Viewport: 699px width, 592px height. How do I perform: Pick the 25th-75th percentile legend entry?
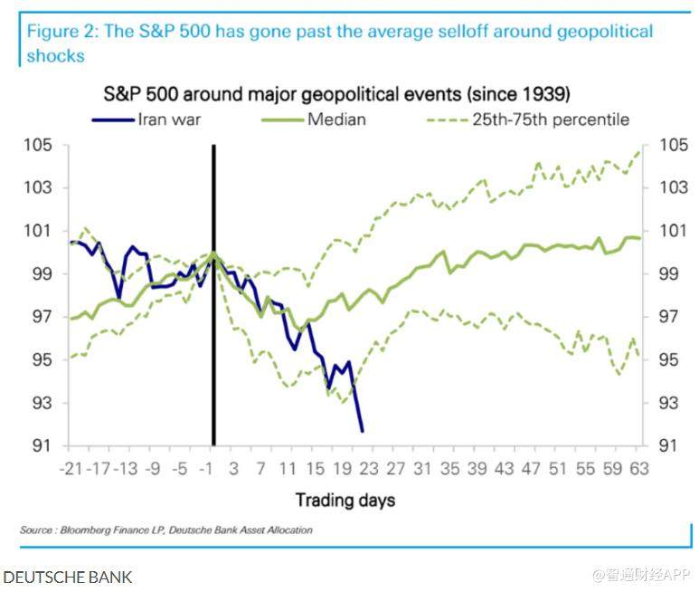pos(534,119)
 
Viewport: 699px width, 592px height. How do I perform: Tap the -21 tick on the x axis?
pos(71,469)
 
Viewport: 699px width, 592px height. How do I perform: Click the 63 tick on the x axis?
pos(638,469)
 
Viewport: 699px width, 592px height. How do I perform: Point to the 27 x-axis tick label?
pos(394,469)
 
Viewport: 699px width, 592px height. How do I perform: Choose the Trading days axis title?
pos(345,500)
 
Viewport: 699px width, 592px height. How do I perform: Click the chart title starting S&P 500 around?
pos(335,94)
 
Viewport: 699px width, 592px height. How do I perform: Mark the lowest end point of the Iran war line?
pos(362,431)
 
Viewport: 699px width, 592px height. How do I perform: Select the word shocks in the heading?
pos(55,55)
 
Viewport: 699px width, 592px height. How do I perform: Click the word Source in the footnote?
pos(36,530)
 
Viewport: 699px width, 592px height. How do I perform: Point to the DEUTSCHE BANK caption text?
pos(68,576)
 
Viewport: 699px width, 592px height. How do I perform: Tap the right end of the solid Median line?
pos(640,238)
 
